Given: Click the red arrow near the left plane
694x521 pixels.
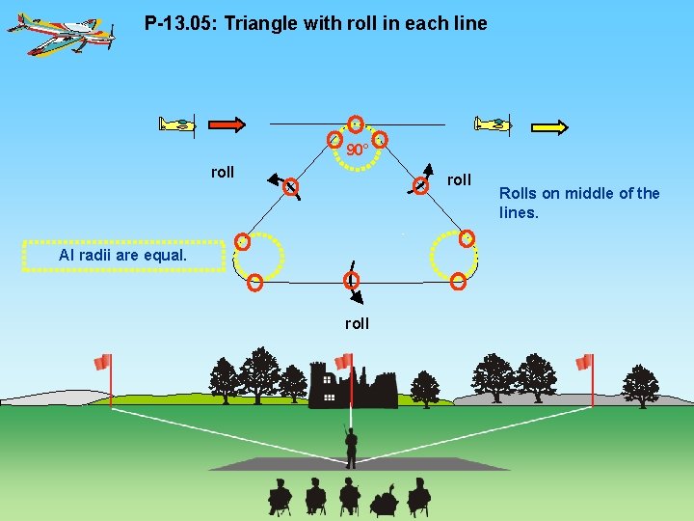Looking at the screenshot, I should [x=227, y=123].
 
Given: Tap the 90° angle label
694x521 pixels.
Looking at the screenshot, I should [x=357, y=151].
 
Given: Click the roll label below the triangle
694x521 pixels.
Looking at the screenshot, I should [x=357, y=323].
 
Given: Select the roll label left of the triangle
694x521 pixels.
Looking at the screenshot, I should [x=223, y=172].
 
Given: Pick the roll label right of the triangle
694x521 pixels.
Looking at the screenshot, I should [x=460, y=179].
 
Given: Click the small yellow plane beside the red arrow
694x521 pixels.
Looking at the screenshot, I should [x=177, y=123].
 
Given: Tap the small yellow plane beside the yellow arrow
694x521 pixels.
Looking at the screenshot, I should [x=493, y=123].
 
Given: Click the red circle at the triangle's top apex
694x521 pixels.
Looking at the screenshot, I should [x=356, y=123].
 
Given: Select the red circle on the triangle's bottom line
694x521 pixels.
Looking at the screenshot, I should [x=352, y=280].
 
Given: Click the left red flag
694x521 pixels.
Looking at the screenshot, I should [x=102, y=363].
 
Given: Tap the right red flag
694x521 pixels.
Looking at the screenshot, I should [x=583, y=363].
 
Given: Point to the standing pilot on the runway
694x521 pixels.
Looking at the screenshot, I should [x=351, y=446].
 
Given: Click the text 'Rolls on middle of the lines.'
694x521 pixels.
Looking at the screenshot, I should [x=579, y=203].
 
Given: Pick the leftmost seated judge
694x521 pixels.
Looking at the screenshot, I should [x=280, y=497].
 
